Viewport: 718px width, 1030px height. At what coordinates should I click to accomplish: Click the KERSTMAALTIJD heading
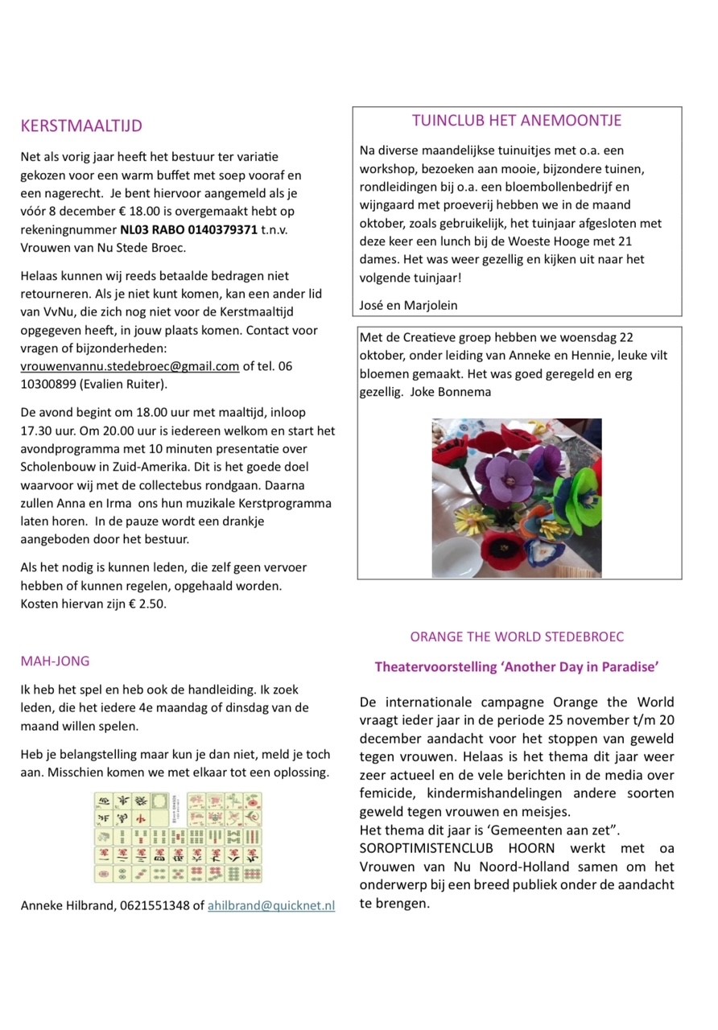(x=81, y=126)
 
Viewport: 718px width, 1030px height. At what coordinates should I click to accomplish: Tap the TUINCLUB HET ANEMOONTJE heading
(x=517, y=121)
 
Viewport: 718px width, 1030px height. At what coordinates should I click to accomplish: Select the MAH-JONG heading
(x=55, y=661)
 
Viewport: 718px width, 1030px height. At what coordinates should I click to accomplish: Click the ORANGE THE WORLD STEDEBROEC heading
(x=517, y=637)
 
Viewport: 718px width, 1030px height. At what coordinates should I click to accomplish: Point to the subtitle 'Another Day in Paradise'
(x=517, y=666)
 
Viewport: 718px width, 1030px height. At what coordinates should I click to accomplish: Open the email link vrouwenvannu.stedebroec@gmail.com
(x=130, y=366)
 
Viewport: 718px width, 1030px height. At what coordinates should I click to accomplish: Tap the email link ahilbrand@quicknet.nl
(x=271, y=905)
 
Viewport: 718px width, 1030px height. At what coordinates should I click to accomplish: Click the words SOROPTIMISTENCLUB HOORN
(x=455, y=849)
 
